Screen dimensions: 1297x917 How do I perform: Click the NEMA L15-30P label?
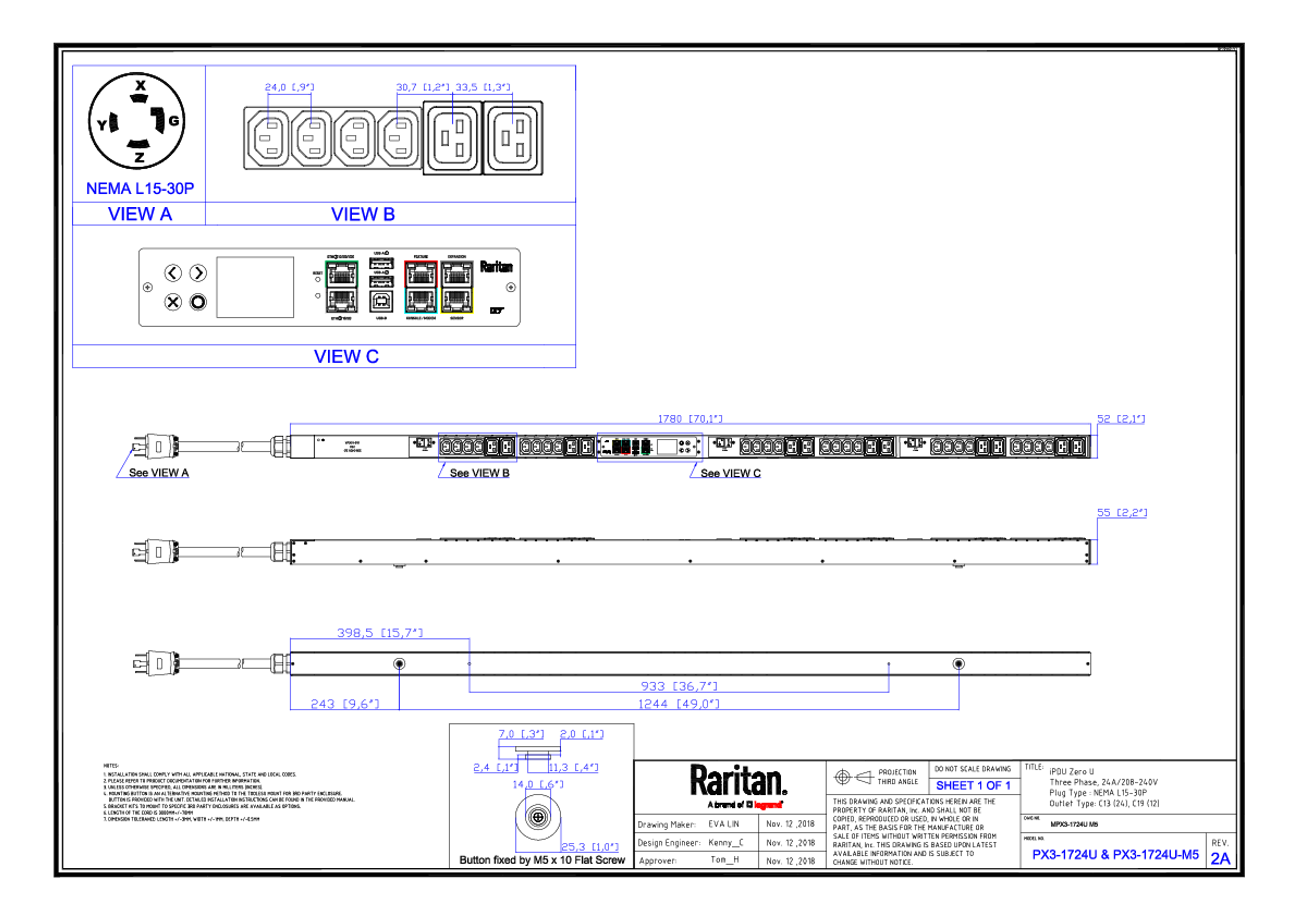click(x=140, y=187)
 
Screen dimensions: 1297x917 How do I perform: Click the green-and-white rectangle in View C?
click(x=341, y=287)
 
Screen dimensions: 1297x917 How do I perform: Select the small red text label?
click(x=768, y=805)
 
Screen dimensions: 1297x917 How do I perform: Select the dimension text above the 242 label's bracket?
click(x=380, y=632)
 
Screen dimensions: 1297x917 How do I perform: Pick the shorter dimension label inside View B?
click(x=289, y=87)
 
